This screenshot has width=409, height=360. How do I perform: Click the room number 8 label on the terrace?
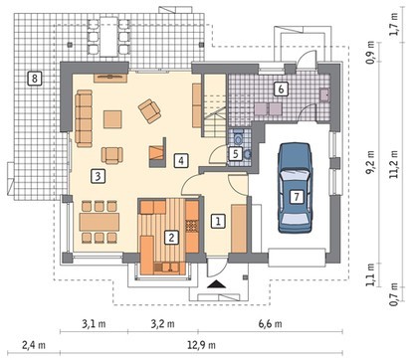(35, 79)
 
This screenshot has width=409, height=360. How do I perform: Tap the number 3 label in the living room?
(98, 176)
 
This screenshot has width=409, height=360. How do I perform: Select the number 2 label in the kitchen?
(171, 238)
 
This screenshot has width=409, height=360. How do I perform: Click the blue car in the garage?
(296, 188)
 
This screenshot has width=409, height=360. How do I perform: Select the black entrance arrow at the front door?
(216, 283)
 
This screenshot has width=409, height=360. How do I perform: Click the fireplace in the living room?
(157, 152)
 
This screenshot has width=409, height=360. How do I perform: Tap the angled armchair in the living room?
(150, 110)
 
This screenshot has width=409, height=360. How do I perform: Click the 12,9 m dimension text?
(201, 345)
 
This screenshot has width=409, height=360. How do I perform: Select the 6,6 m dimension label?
(271, 323)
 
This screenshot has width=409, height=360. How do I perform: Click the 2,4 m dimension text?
(34, 345)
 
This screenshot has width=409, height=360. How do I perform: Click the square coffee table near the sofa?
(112, 119)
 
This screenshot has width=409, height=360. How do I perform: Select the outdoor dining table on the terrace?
(108, 37)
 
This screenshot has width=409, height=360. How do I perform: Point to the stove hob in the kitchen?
(192, 226)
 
